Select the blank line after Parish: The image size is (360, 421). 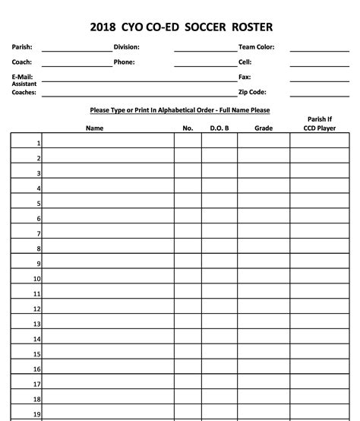click(76, 49)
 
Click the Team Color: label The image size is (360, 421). click(257, 47)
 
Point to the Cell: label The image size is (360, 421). click(245, 62)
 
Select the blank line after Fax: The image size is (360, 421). click(319, 79)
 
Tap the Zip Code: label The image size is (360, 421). click(252, 92)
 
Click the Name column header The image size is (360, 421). click(94, 128)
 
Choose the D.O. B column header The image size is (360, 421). click(219, 128)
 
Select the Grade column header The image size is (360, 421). click(263, 128)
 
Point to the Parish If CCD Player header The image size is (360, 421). click(319, 124)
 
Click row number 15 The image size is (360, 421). click(36, 354)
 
